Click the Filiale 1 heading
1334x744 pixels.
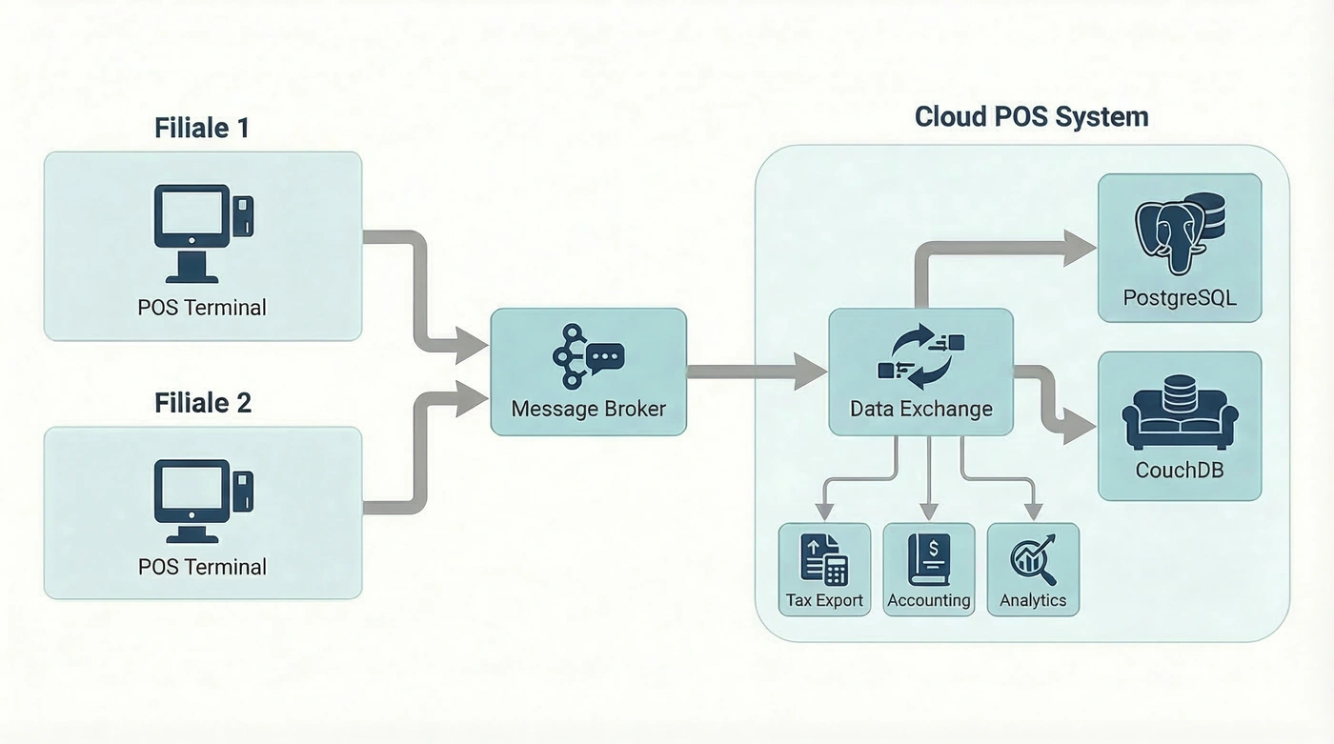[202, 128]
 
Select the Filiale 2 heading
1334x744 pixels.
[203, 403]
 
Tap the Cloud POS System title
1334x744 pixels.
[1031, 117]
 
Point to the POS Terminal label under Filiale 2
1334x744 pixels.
[202, 567]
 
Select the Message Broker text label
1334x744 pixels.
[588, 410]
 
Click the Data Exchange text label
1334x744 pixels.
[920, 410]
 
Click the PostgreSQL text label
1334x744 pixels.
[1180, 297]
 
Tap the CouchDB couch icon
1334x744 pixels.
[1180, 418]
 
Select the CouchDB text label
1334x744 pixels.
[1180, 470]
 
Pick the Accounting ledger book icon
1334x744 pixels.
[929, 558]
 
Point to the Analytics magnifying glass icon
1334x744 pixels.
[1033, 560]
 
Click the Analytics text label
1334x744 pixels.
[1033, 601]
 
